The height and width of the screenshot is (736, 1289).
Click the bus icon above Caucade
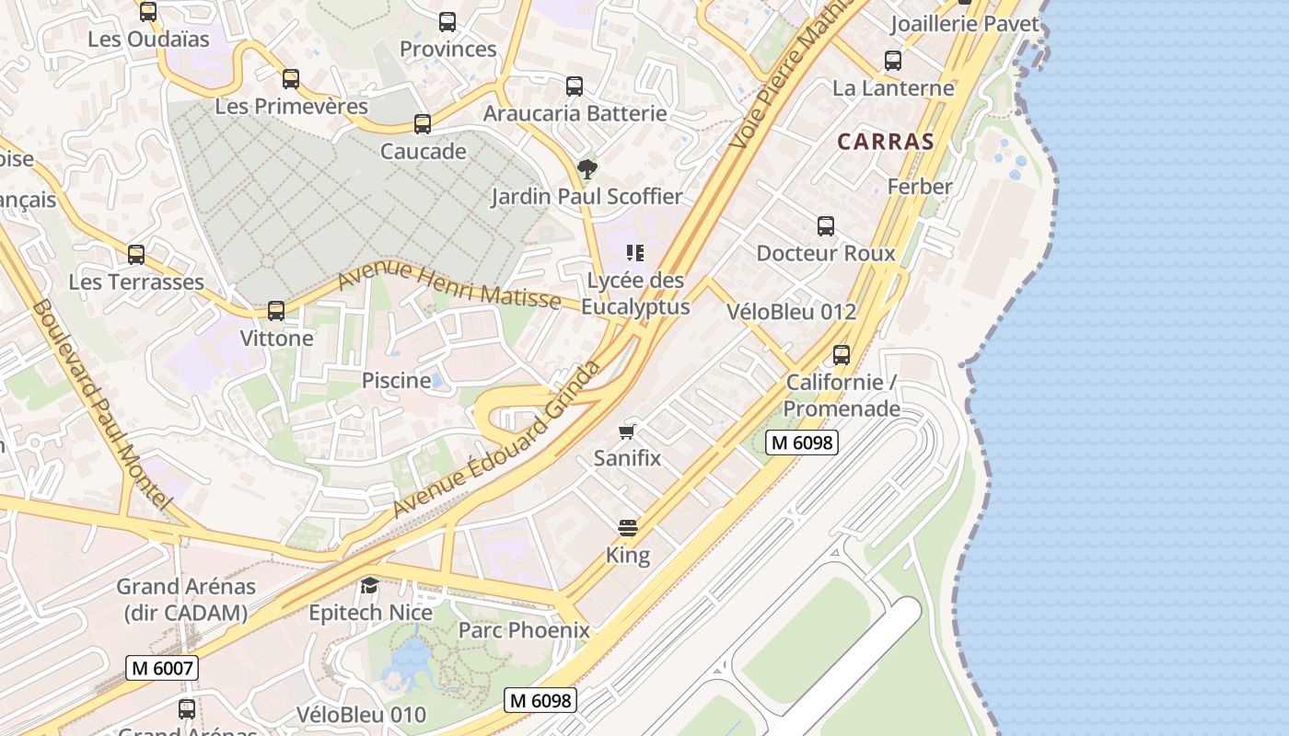(423, 124)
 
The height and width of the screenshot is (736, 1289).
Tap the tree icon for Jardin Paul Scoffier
(586, 169)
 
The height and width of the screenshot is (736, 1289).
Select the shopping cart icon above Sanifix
(627, 431)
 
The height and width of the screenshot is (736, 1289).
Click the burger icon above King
(628, 528)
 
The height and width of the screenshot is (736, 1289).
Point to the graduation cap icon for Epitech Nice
(369, 585)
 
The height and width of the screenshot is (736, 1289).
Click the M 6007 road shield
(163, 667)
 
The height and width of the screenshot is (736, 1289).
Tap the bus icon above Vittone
(276, 311)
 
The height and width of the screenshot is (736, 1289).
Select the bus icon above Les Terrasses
(136, 255)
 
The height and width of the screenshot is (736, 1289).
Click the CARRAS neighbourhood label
(886, 142)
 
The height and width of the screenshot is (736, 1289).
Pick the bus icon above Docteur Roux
(826, 226)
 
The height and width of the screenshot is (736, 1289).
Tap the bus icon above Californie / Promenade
(842, 355)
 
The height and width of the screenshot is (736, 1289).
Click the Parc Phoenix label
(524, 630)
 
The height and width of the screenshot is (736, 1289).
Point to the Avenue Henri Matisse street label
(449, 285)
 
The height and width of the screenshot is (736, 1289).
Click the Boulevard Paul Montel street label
(101, 405)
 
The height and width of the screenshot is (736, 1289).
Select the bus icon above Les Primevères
(291, 79)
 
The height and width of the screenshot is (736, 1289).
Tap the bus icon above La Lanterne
(893, 61)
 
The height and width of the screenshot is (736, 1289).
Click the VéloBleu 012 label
(791, 312)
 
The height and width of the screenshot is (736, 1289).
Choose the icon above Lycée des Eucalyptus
(634, 253)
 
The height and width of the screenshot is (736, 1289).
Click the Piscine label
(396, 380)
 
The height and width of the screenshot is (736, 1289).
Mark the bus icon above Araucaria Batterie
(575, 86)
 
